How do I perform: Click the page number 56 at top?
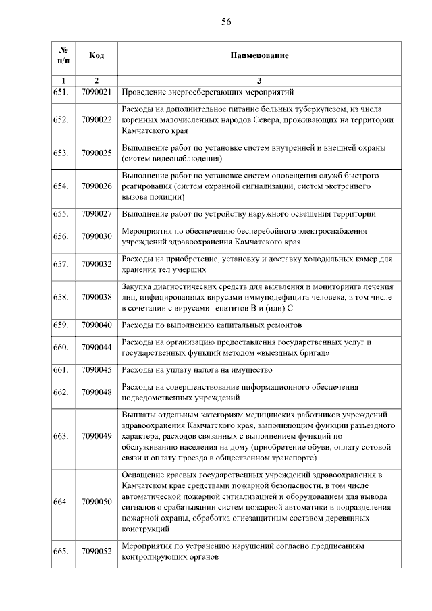(x=226, y=22)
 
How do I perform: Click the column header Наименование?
(x=259, y=54)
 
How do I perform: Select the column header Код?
(x=96, y=54)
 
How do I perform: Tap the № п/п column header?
(x=63, y=55)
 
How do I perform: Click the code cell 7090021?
(x=96, y=92)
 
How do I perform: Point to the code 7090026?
(x=96, y=186)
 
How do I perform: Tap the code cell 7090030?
(x=96, y=236)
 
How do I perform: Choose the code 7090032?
(x=96, y=264)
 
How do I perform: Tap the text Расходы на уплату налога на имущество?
(x=196, y=369)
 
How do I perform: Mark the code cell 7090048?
(x=96, y=392)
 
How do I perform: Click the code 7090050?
(x=96, y=502)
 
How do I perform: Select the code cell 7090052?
(x=96, y=552)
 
